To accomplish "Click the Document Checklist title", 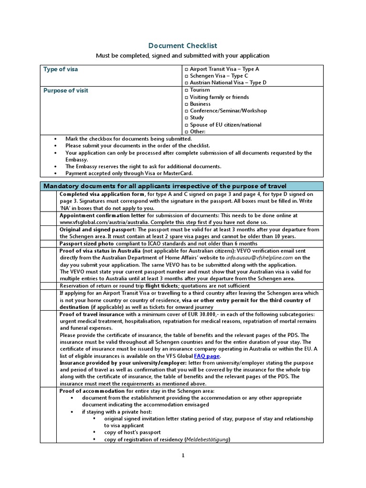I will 183,46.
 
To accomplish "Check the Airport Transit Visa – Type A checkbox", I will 186,70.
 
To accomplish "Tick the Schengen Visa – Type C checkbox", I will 186,76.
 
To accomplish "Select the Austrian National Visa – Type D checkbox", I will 186,83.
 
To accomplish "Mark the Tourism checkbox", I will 186,90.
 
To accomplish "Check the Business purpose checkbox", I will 186,104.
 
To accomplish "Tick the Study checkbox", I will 186,118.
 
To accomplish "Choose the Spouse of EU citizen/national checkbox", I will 186,125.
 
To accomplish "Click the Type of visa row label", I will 61,70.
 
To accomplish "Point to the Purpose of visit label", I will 66,91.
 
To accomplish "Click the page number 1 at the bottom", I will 182,456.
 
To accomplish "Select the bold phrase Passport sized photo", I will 87,244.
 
